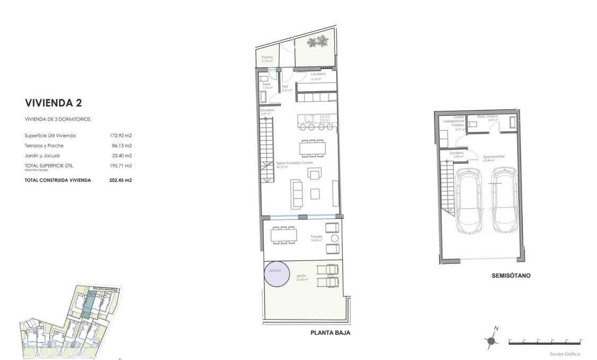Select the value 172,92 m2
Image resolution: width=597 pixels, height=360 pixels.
pos(120,135)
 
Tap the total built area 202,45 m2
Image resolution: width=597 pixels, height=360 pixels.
pos(120,180)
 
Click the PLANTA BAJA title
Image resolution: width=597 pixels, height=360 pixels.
pos(331,333)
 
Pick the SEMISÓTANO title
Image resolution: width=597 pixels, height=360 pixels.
pos(511,276)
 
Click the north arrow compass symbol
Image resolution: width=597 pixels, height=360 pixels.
pos(491,340)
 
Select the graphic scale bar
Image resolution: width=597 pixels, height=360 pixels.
pos(546,343)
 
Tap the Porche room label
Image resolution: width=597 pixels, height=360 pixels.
pos(267,57)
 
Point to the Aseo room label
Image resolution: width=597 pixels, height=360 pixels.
pos(267,84)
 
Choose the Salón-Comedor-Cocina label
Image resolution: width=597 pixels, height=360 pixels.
pos(290,163)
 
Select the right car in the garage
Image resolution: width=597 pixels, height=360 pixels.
pos(504,201)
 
